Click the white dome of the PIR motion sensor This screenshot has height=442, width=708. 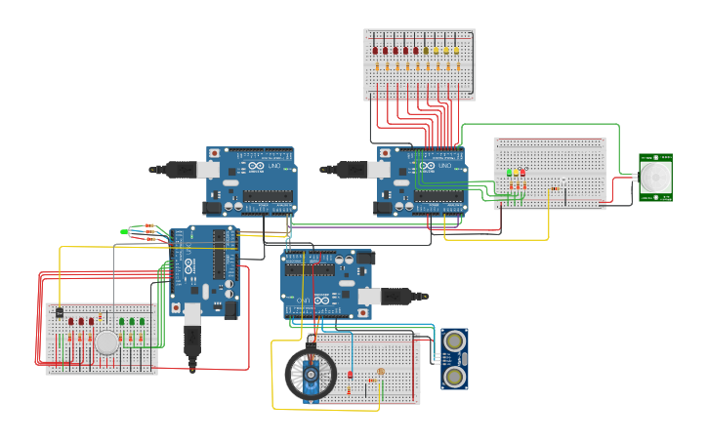coord(656,178)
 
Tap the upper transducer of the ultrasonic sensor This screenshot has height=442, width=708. coord(454,342)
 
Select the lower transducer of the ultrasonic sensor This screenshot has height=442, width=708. coord(454,376)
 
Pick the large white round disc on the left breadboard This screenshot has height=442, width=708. coord(106,342)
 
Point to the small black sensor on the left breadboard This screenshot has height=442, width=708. coord(59,313)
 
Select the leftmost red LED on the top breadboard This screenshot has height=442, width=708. coord(377,50)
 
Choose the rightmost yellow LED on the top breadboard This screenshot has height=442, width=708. coord(455,50)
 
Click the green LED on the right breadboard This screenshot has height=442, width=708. coord(509,173)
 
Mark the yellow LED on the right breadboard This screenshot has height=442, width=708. coord(516,173)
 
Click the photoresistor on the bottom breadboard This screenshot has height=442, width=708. coord(379,372)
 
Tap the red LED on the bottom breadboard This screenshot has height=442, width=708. coord(350,375)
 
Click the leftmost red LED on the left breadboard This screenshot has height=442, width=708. coord(70,321)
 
